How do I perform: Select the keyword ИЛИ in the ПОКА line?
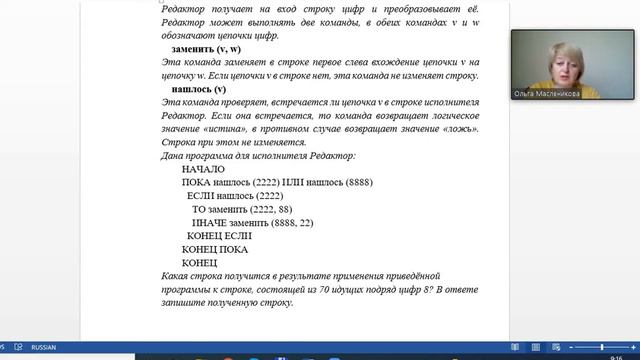[x=292, y=183]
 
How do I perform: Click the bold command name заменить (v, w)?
[x=206, y=49]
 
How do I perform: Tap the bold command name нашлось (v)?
[x=199, y=89]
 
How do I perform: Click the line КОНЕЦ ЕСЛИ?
[x=219, y=236]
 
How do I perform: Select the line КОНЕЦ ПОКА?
[x=215, y=249]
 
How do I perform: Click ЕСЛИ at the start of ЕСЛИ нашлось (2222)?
[x=201, y=196]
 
